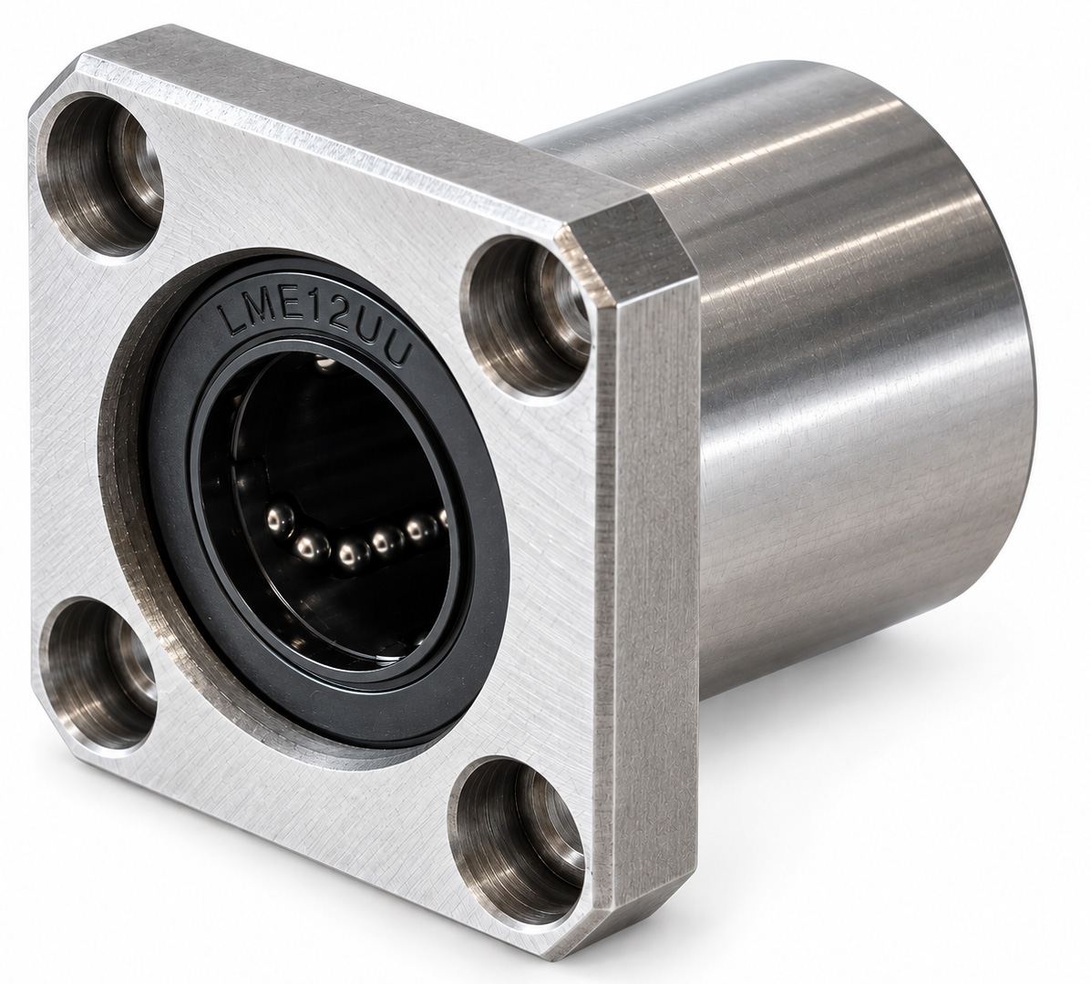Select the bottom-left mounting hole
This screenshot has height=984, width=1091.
98,674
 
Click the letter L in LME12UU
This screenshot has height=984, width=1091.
229,316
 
